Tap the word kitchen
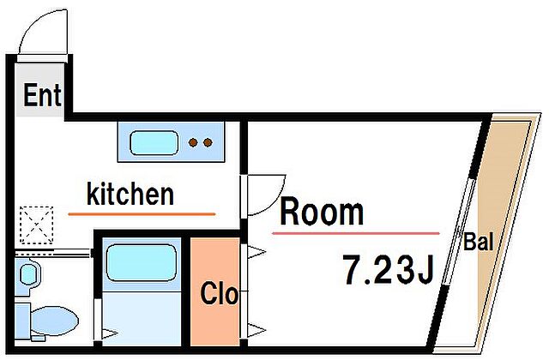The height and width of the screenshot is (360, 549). pyautogui.click(x=130, y=195)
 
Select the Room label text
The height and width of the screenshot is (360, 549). pyautogui.click(x=322, y=212)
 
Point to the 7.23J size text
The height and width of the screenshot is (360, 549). pyautogui.click(x=389, y=269)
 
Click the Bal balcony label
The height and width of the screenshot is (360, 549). pyautogui.click(x=479, y=242)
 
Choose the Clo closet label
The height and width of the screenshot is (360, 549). pyautogui.click(x=220, y=293)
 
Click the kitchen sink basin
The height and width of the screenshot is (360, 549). pyautogui.click(x=154, y=143)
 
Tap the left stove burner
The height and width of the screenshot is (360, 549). pyautogui.click(x=193, y=143)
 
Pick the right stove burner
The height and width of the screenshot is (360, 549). pyautogui.click(x=208, y=143)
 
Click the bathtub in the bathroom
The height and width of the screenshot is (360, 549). pyautogui.click(x=142, y=263)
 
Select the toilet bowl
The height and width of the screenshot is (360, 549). pyautogui.click(x=54, y=321)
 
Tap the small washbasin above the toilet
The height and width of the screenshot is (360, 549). pyautogui.click(x=28, y=274)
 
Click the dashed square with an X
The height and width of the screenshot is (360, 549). pyautogui.click(x=36, y=225)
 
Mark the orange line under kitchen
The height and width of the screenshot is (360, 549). pyautogui.click(x=142, y=213)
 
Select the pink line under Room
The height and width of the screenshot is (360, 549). pyautogui.click(x=356, y=233)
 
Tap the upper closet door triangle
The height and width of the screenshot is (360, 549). pyautogui.click(x=256, y=251)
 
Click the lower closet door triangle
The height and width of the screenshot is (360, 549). pyautogui.click(x=256, y=329)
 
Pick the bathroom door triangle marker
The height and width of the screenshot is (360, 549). pyautogui.click(x=110, y=333)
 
